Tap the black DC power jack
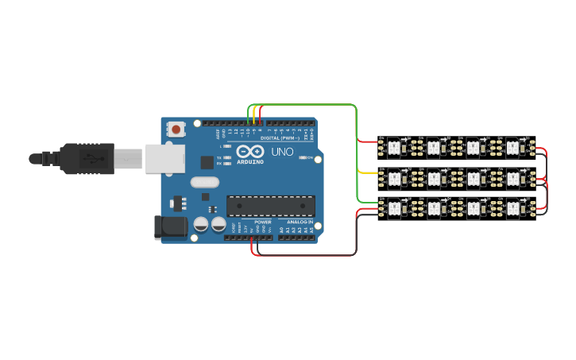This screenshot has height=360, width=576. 170,227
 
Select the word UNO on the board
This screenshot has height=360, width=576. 283,152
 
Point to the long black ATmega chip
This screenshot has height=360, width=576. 268,206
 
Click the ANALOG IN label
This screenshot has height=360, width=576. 299,221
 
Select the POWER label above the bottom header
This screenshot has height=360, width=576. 263,221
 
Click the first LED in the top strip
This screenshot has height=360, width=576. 394,147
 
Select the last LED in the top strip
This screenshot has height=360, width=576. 513,147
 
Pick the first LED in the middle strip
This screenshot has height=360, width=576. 394,178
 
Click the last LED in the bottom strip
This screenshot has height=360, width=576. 513,209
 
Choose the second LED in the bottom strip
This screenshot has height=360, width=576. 434,209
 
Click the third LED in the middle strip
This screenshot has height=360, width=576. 474,178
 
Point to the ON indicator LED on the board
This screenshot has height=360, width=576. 303,157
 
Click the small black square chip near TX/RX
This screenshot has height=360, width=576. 207,162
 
